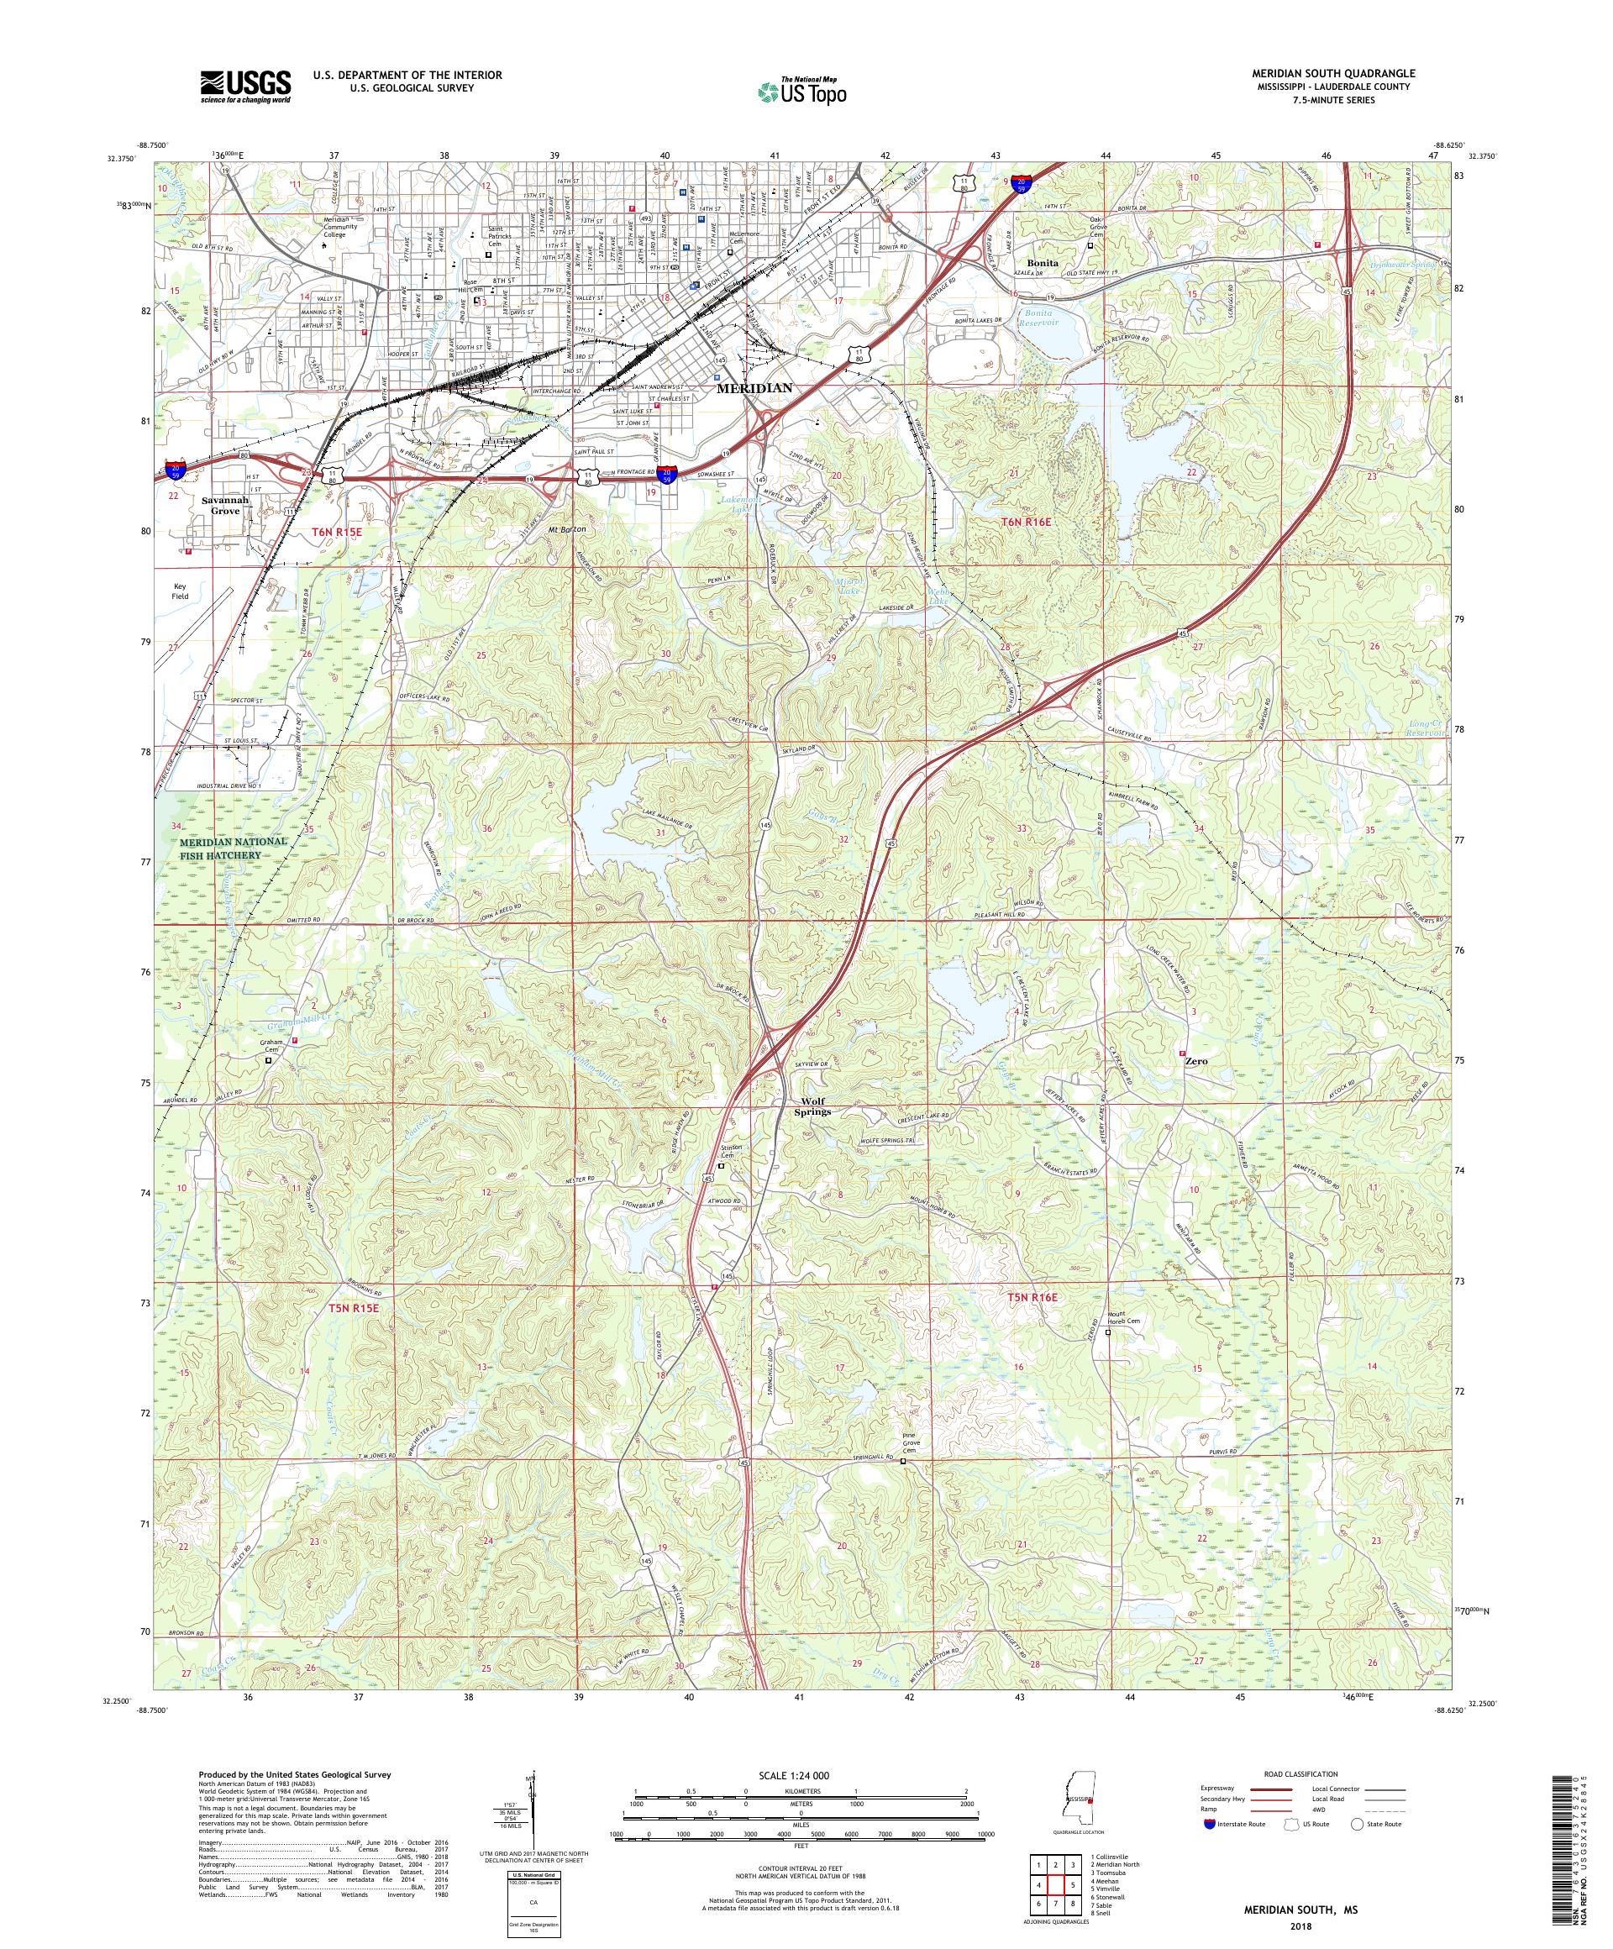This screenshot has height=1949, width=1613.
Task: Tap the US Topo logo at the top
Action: pyautogui.click(x=804, y=90)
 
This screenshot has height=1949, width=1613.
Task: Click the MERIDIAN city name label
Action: pyautogui.click(x=754, y=388)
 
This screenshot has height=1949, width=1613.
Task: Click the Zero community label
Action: pyautogui.click(x=1196, y=1060)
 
